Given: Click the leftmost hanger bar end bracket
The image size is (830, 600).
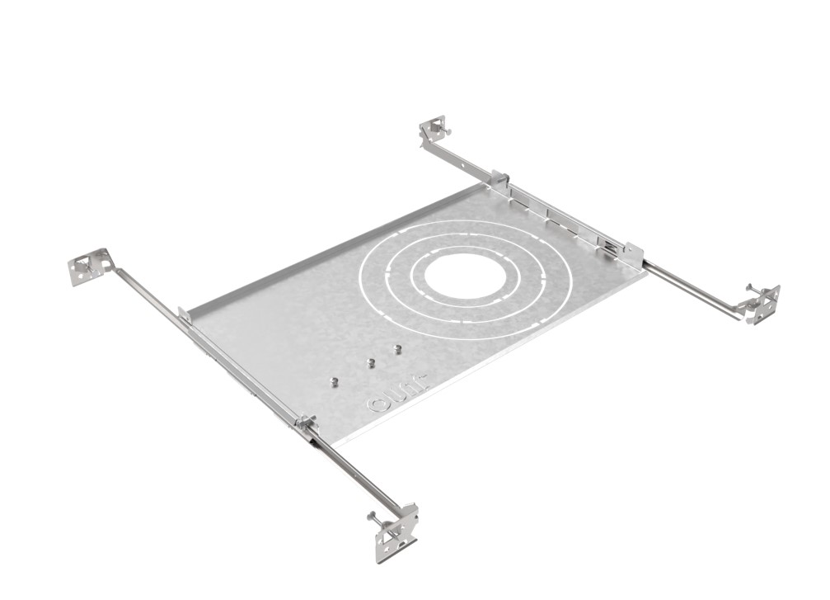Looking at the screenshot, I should (89, 267).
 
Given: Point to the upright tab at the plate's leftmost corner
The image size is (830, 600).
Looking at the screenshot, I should (184, 314).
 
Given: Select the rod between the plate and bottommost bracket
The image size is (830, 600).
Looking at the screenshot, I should (354, 471).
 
